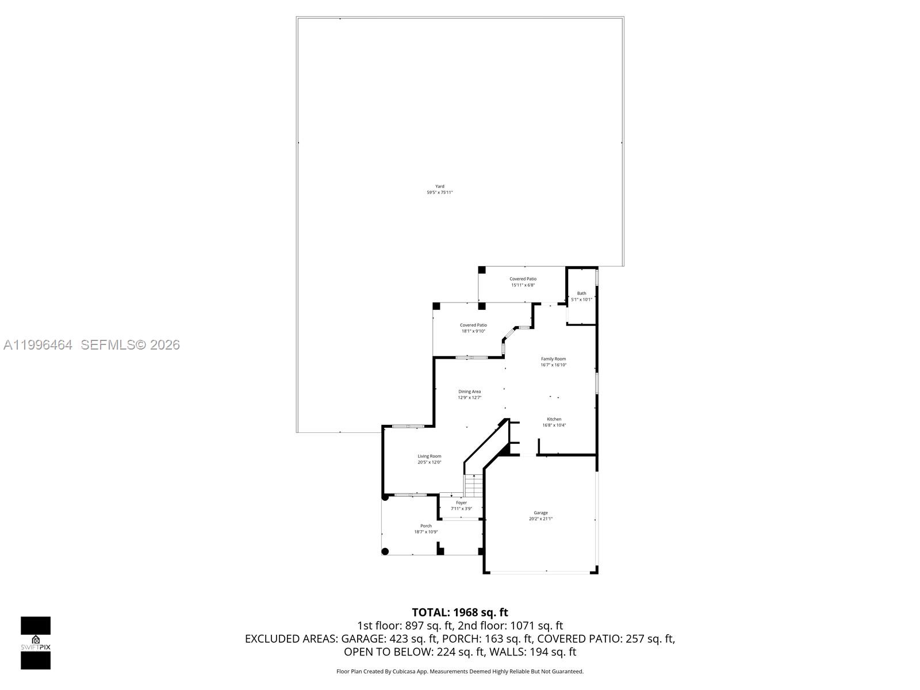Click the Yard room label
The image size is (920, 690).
(439, 186)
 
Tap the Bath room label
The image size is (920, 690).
(581, 293)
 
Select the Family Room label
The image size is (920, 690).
(553, 359)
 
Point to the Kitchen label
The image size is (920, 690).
(554, 419)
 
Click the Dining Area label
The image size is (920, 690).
(469, 392)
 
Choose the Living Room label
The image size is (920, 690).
(429, 456)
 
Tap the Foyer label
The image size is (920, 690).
(461, 503)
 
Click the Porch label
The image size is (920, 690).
(425, 526)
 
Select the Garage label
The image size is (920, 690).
(540, 512)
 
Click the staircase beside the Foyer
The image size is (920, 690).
(473, 486)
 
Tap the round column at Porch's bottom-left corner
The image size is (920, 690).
(385, 551)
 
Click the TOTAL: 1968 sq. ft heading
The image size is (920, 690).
(460, 612)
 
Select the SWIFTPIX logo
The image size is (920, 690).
(36, 643)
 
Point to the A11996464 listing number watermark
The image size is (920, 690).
(38, 344)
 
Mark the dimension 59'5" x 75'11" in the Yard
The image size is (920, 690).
(439, 193)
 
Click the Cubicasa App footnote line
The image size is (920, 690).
(460, 671)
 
